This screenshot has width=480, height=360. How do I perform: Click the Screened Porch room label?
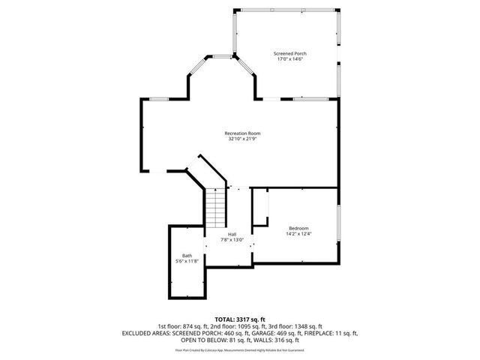pos(289,53)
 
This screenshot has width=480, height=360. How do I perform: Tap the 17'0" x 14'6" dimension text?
pos(289,59)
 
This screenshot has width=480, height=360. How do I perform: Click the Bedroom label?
pos(299,228)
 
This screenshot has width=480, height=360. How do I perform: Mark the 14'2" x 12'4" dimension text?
pos(299,234)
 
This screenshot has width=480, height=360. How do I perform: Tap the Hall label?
pos(232,234)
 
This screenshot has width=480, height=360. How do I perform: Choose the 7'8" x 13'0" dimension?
pos(232,240)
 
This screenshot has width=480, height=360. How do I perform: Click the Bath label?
pos(187,255)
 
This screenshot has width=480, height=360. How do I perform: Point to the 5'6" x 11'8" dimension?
pos(187,261)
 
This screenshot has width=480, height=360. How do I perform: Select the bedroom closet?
pos(260,207)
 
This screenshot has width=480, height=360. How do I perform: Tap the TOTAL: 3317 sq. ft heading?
pos(240,319)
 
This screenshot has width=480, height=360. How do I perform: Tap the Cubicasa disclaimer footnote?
pos(240,349)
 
